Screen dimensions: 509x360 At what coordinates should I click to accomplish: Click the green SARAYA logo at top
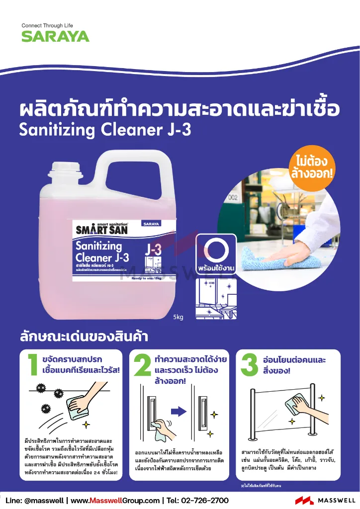pyautogui.click(x=55, y=36)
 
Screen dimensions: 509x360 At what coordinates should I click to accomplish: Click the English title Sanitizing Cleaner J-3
pyautogui.click(x=104, y=129)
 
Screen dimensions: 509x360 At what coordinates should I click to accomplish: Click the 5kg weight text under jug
pyautogui.click(x=178, y=317)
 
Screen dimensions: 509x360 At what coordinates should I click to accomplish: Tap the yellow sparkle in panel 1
pyautogui.click(x=86, y=424)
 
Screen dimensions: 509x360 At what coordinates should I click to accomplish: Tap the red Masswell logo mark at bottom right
pyautogui.click(x=304, y=501)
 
